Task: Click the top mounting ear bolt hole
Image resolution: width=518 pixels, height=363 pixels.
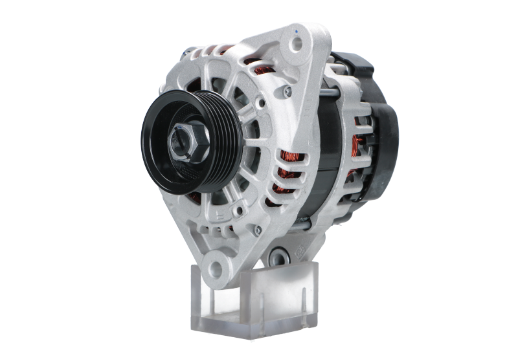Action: [x=297, y=44]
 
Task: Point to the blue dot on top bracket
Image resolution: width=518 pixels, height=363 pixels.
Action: [x=295, y=30]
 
